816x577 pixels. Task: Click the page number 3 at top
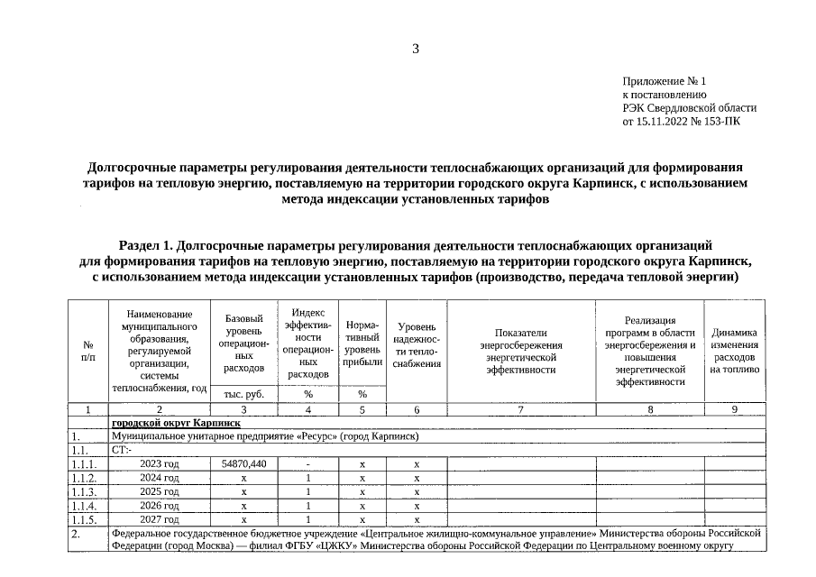pos(416,49)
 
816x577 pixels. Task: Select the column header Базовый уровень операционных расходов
pos(243,343)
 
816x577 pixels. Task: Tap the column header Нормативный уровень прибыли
pos(362,343)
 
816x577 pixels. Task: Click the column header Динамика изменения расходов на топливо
pos(734,351)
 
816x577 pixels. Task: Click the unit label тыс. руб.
pos(243,394)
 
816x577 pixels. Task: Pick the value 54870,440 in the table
pos(243,463)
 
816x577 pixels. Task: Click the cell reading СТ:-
pos(121,449)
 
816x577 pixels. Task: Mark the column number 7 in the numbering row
pos(519,409)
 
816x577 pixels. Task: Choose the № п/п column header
pos(88,351)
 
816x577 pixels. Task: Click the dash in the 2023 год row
pos(308,463)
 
